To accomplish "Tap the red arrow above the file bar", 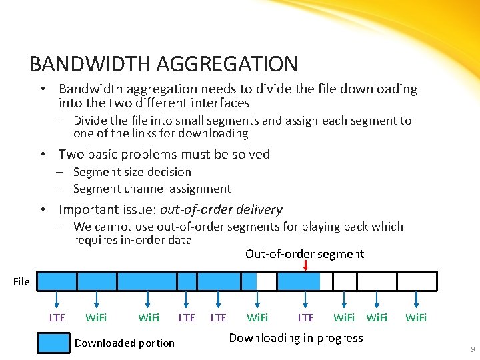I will [x=305, y=265].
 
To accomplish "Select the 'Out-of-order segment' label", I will [x=304, y=253].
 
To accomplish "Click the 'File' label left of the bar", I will [x=21, y=281].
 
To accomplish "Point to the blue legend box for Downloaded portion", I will [x=53, y=343].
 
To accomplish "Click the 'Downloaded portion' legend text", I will [x=124, y=343].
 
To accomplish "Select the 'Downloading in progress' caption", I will [x=295, y=338].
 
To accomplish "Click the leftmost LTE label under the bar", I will [x=57, y=317].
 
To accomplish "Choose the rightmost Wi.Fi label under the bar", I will [x=417, y=317].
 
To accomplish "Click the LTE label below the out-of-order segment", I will [x=305, y=317].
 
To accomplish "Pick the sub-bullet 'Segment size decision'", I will [x=132, y=172].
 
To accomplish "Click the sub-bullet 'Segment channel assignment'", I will [x=152, y=189].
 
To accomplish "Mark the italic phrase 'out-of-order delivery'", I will [x=221, y=209].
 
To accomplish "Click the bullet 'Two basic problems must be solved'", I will [x=164, y=154].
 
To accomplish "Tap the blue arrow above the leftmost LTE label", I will [x=57, y=299].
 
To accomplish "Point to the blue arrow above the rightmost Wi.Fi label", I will [x=417, y=299].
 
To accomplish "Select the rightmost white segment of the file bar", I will [x=417, y=281].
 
